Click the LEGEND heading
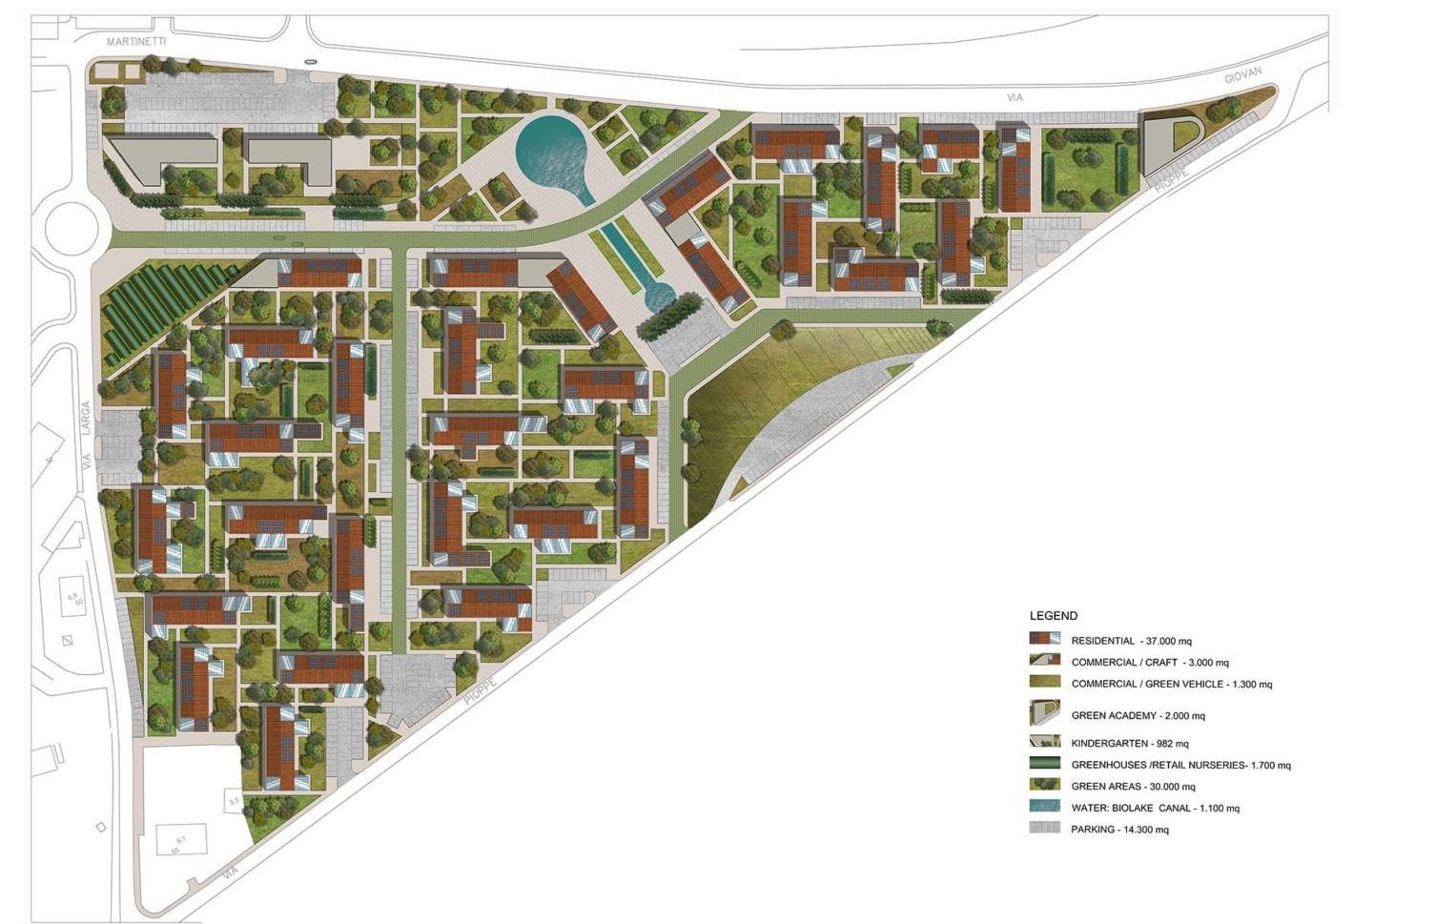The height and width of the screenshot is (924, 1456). pyautogui.click(x=1053, y=616)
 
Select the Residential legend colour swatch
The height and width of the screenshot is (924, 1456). pyautogui.click(x=1044, y=639)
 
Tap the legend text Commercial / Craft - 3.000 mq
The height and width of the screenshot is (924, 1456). pyautogui.click(x=1149, y=662)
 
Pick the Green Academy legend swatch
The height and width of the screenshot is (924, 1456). pyautogui.click(x=1044, y=713)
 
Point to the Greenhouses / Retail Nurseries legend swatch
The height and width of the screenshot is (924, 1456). pyautogui.click(x=1044, y=764)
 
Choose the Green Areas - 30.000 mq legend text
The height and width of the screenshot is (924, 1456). pyautogui.click(x=1133, y=787)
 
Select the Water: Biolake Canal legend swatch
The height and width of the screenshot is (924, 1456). pyautogui.click(x=1044, y=807)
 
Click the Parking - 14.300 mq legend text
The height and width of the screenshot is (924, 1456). pyautogui.click(x=1118, y=830)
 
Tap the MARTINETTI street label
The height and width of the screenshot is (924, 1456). pyautogui.click(x=136, y=42)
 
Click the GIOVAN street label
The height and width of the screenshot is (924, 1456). pyautogui.click(x=1242, y=75)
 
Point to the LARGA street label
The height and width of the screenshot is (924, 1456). pyautogui.click(x=85, y=421)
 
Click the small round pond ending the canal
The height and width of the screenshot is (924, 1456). pyautogui.click(x=658, y=298)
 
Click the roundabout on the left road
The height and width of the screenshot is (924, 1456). pyautogui.click(x=71, y=229)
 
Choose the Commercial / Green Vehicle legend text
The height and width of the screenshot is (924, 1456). pyautogui.click(x=1171, y=684)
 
